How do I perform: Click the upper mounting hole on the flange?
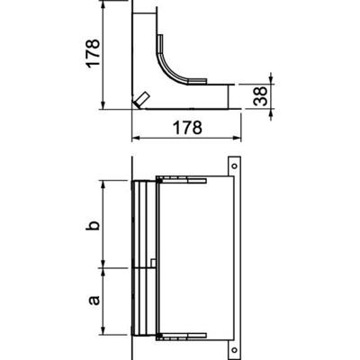(234, 166)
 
